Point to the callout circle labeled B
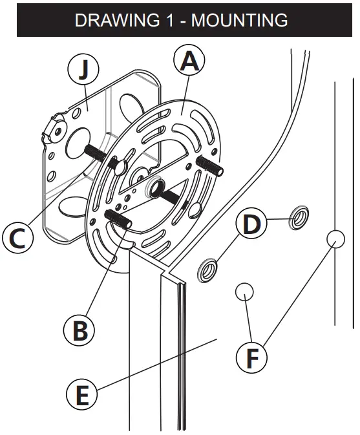[x=79, y=330]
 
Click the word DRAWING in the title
[x=111, y=20]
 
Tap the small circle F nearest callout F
[x=244, y=292]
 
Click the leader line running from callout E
[x=155, y=365]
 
